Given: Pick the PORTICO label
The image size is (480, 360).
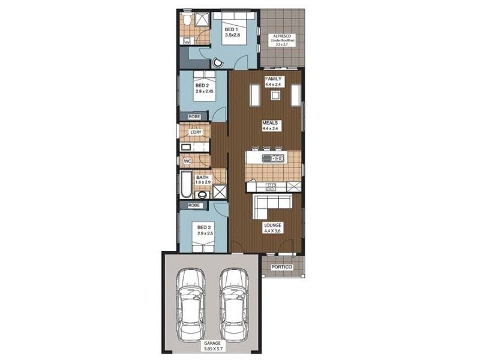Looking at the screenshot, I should (281, 267).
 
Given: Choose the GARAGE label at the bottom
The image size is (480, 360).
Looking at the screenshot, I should (211, 344).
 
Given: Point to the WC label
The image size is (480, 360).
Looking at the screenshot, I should (187, 161).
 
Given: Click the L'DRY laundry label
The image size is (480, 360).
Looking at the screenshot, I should (195, 132).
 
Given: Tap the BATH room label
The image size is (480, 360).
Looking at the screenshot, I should (202, 178).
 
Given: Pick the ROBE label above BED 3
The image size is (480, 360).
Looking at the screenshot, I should (194, 205).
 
